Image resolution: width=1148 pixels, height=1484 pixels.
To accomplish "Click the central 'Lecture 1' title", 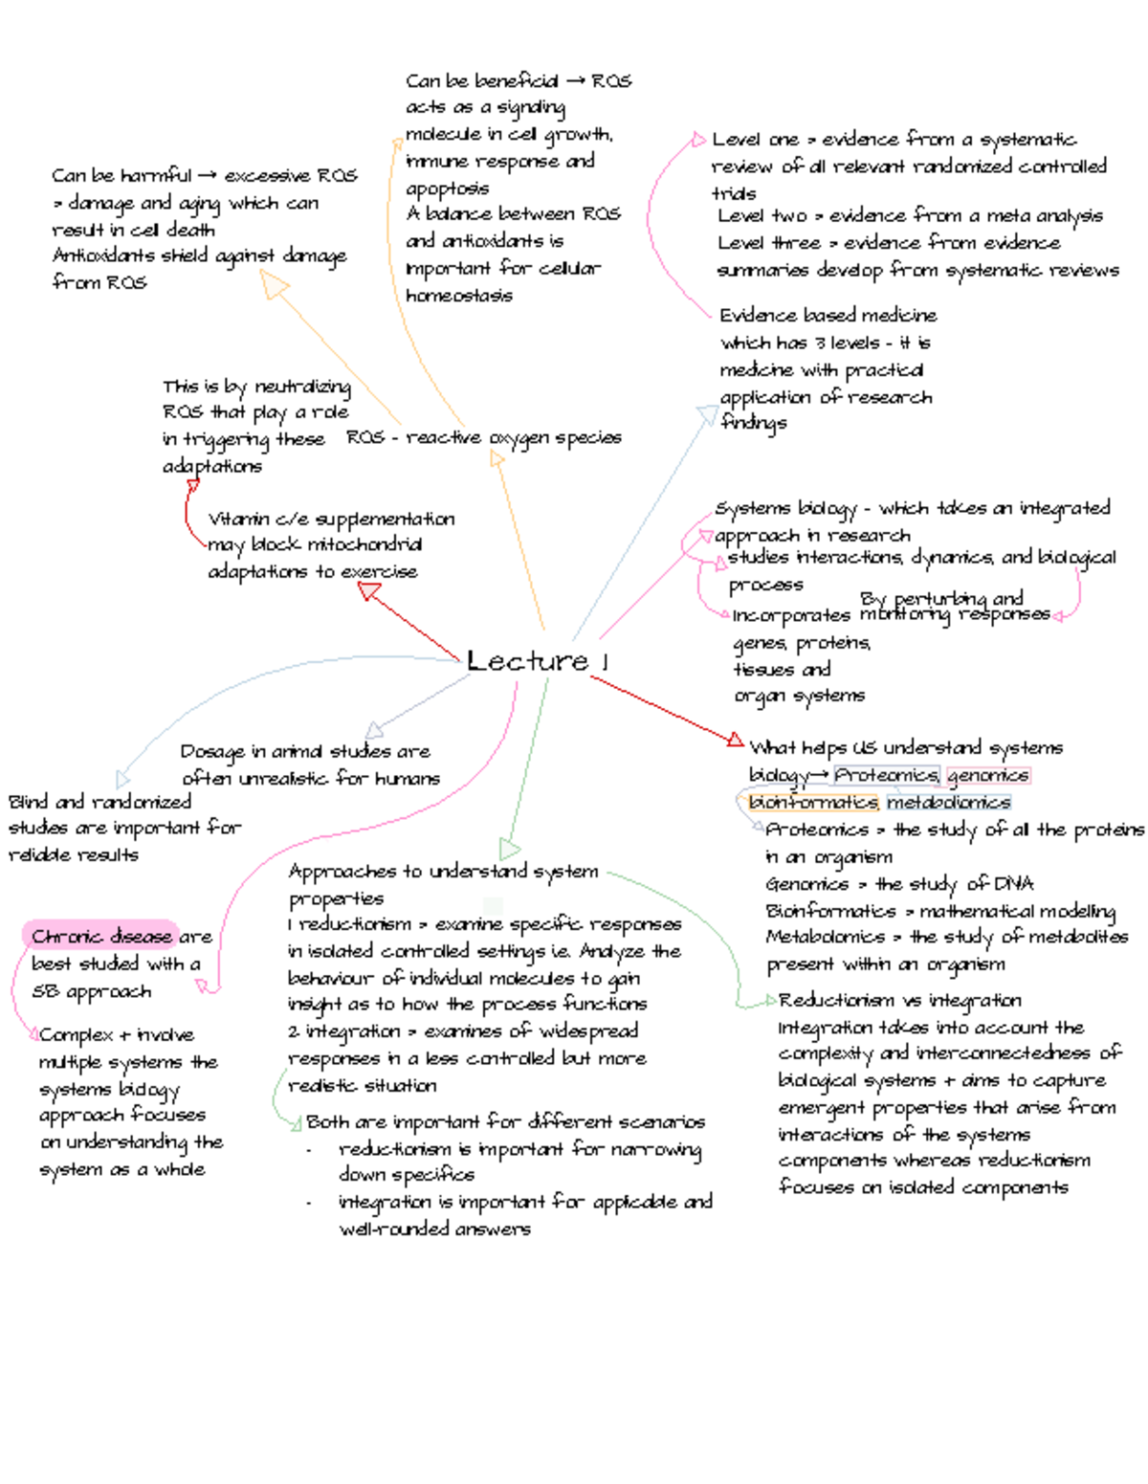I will coord(537,660).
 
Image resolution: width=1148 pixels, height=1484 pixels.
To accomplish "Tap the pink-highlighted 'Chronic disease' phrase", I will coord(100,936).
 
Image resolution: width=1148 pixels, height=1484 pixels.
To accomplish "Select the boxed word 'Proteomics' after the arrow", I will coord(886,775).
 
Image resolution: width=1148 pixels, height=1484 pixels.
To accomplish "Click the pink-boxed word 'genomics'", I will coord(988,775).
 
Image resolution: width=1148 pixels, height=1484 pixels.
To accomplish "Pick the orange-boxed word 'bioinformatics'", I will coord(812,802).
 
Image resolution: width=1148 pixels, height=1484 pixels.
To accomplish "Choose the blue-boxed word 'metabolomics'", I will coord(948,802).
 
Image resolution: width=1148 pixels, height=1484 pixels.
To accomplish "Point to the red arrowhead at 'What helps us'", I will coord(735,740).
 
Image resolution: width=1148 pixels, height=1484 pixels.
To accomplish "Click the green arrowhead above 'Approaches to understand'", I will coord(510,849).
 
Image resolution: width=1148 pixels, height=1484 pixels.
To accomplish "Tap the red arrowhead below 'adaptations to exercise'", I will coord(369,592).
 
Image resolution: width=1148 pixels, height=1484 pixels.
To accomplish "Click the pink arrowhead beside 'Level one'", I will coord(698,141).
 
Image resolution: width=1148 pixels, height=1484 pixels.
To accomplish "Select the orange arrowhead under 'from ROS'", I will coord(275,284).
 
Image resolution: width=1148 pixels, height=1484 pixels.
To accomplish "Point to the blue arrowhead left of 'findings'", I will coord(707,414).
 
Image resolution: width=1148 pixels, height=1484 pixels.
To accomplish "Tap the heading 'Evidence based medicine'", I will coord(828,315).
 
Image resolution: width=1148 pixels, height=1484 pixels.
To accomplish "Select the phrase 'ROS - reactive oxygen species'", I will coord(483,437).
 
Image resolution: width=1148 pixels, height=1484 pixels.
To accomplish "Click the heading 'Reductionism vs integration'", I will coord(899,1001).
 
